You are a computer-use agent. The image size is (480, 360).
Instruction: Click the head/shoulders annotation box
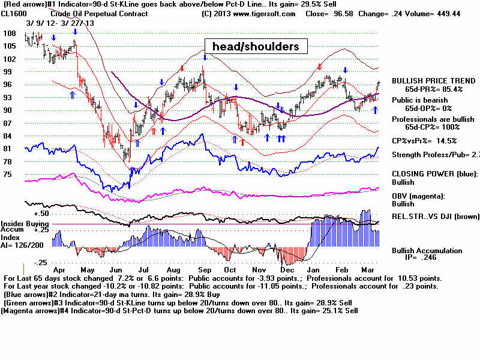tap(256, 46)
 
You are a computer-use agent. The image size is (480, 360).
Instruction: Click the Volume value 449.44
tap(446, 13)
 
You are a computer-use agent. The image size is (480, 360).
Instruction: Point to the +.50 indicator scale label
tap(41, 214)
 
